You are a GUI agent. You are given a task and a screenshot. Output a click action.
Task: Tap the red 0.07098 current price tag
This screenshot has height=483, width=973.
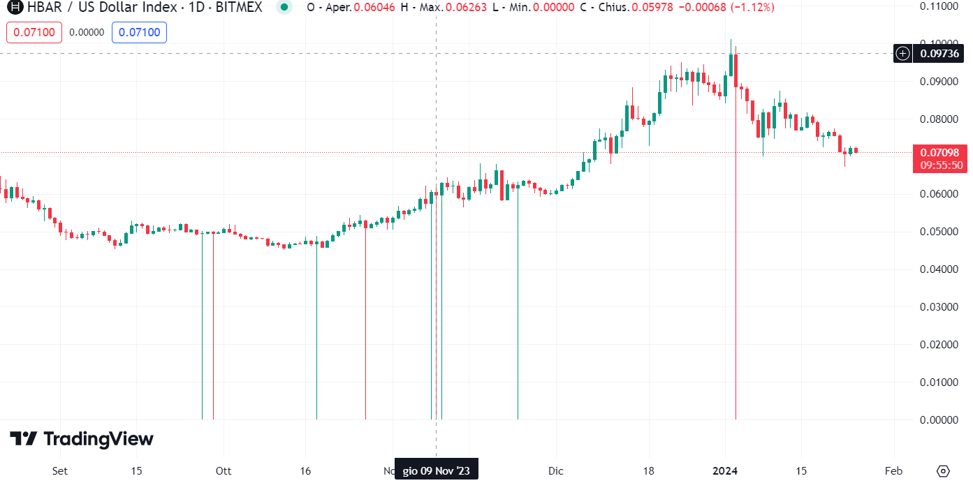(939, 153)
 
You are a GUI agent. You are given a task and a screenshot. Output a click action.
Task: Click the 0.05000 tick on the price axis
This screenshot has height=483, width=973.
(939, 232)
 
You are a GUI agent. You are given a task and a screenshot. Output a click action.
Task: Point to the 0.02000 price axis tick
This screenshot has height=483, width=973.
(939, 345)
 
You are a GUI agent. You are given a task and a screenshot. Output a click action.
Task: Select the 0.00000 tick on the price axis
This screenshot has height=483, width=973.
(939, 420)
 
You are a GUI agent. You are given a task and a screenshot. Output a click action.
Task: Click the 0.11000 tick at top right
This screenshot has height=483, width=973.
(939, 6)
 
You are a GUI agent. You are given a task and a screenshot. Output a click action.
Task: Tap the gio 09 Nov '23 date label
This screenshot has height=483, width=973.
(437, 471)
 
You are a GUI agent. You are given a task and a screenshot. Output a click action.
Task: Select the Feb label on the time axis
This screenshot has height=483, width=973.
(893, 470)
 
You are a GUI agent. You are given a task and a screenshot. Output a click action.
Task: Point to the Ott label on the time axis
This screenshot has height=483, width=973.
(223, 470)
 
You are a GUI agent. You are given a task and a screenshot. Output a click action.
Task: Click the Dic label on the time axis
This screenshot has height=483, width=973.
(555, 470)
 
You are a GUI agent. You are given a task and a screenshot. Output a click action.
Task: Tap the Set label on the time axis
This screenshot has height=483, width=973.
(60, 470)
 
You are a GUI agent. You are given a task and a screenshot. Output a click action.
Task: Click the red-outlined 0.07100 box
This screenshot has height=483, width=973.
(34, 32)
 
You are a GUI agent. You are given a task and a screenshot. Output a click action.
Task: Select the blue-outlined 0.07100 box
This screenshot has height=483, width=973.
(139, 32)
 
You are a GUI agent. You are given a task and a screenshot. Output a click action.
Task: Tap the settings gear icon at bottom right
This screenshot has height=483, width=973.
(944, 470)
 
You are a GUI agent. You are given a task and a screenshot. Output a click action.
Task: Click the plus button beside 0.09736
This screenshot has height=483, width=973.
(903, 53)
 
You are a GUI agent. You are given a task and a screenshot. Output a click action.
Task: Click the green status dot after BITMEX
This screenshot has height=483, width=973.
(283, 8)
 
